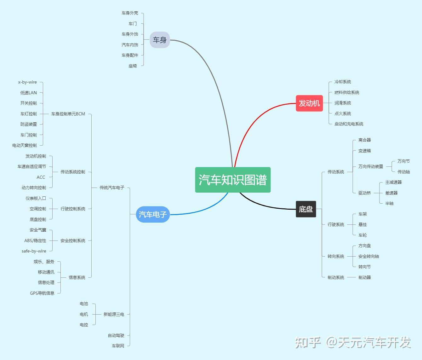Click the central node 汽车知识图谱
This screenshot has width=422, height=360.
tap(233, 180)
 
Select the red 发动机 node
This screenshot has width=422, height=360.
tap(309, 103)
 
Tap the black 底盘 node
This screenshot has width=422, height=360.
tap(306, 209)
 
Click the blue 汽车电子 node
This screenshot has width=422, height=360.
tap(153, 214)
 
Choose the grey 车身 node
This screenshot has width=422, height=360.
tap(160, 40)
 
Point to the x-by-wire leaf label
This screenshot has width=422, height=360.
tap(27, 82)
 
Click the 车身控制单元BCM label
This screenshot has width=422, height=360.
tap(68, 114)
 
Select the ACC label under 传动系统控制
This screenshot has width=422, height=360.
tap(41, 177)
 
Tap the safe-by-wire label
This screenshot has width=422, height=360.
tap(34, 251)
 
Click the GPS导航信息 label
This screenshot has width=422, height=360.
tap(42, 293)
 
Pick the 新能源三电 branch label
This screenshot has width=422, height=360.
tap(114, 314)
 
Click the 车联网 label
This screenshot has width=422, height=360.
tap(118, 346)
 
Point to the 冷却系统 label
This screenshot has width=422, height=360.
tap(343, 82)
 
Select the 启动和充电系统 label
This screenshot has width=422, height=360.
tap(349, 124)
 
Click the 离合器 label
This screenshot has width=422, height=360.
tap(364, 140)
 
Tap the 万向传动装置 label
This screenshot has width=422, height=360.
tap(371, 166)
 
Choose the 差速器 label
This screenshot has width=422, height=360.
tap(391, 193)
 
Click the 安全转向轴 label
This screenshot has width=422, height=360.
tap(368, 256)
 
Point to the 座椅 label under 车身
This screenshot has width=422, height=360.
tap(133, 66)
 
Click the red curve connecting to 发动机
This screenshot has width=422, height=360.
tap(252, 123)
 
